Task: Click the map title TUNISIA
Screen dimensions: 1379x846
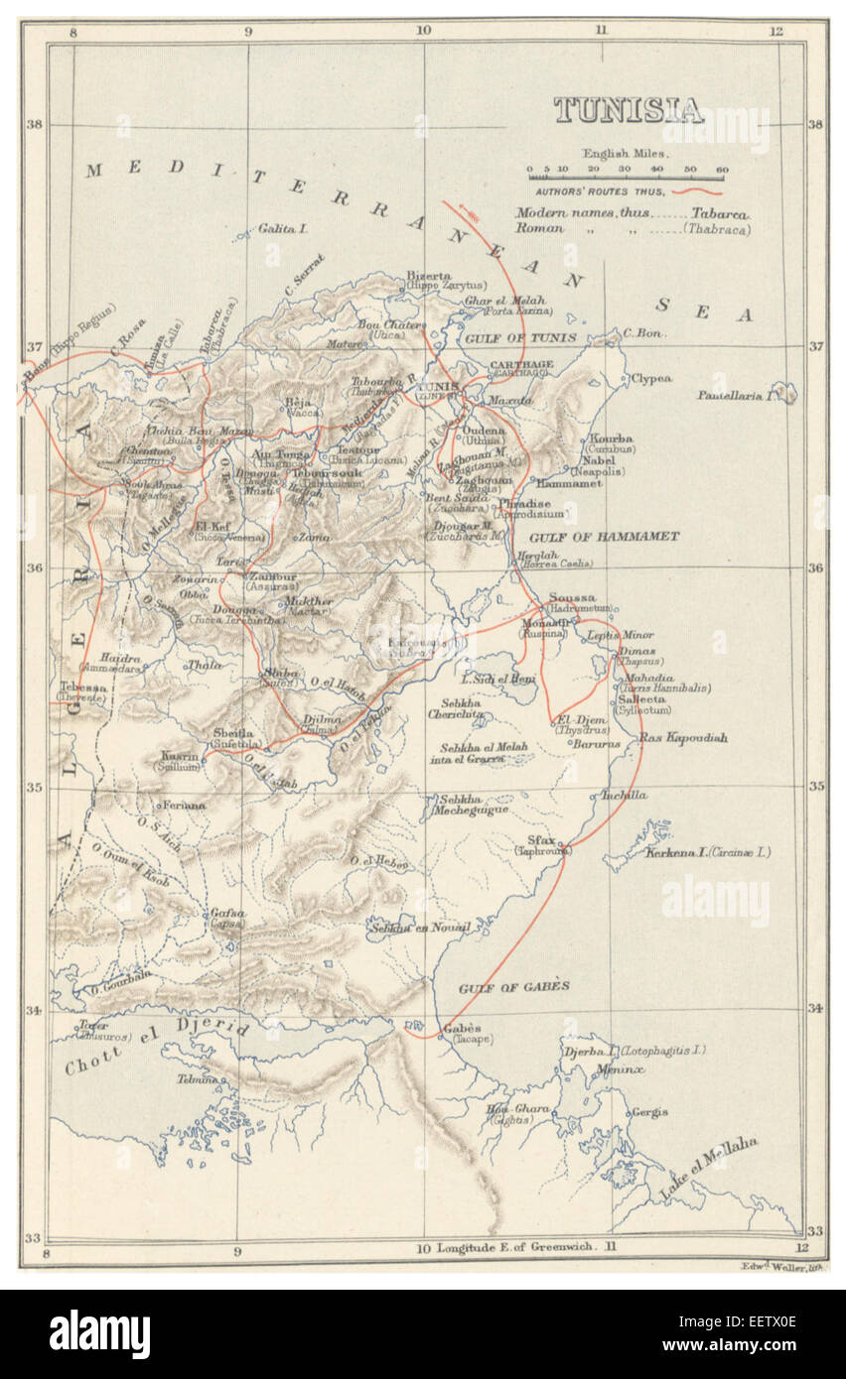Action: (628, 110)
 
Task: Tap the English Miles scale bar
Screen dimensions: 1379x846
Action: (626, 178)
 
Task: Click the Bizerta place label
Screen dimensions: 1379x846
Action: (428, 276)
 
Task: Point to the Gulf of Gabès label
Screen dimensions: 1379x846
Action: (513, 986)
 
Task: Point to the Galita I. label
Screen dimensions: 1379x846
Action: (284, 228)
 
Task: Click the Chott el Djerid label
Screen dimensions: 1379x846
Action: (157, 1047)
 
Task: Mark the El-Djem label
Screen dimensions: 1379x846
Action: (575, 719)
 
